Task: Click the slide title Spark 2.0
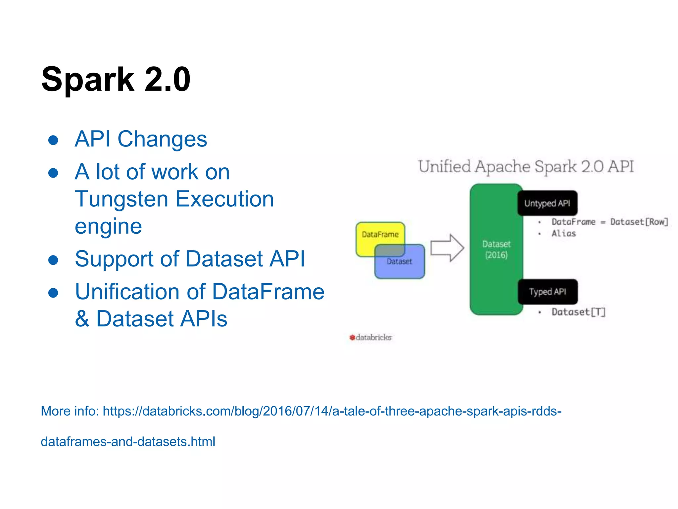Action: click(x=116, y=80)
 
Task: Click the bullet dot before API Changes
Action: click(x=53, y=140)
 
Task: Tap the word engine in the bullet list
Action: click(x=108, y=226)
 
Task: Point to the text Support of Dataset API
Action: click(x=190, y=259)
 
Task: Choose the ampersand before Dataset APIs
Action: click(x=82, y=319)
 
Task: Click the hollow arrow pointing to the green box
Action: click(x=447, y=248)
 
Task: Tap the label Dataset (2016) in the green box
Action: click(x=496, y=250)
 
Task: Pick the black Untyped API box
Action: click(x=547, y=203)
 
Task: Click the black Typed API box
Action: click(x=548, y=292)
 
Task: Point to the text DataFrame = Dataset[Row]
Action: click(x=609, y=222)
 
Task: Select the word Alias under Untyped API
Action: click(x=563, y=234)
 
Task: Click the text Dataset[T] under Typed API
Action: click(x=578, y=312)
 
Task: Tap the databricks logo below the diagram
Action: click(x=371, y=337)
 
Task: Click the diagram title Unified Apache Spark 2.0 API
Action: click(x=526, y=166)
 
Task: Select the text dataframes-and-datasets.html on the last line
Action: click(x=128, y=442)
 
